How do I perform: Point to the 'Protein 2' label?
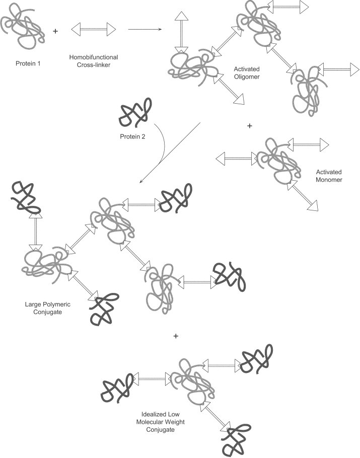coord(133,135)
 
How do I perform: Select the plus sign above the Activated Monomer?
coord(249,126)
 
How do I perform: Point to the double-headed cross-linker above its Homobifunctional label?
coord(94,30)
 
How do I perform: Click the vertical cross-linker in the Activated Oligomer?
coord(181,33)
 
